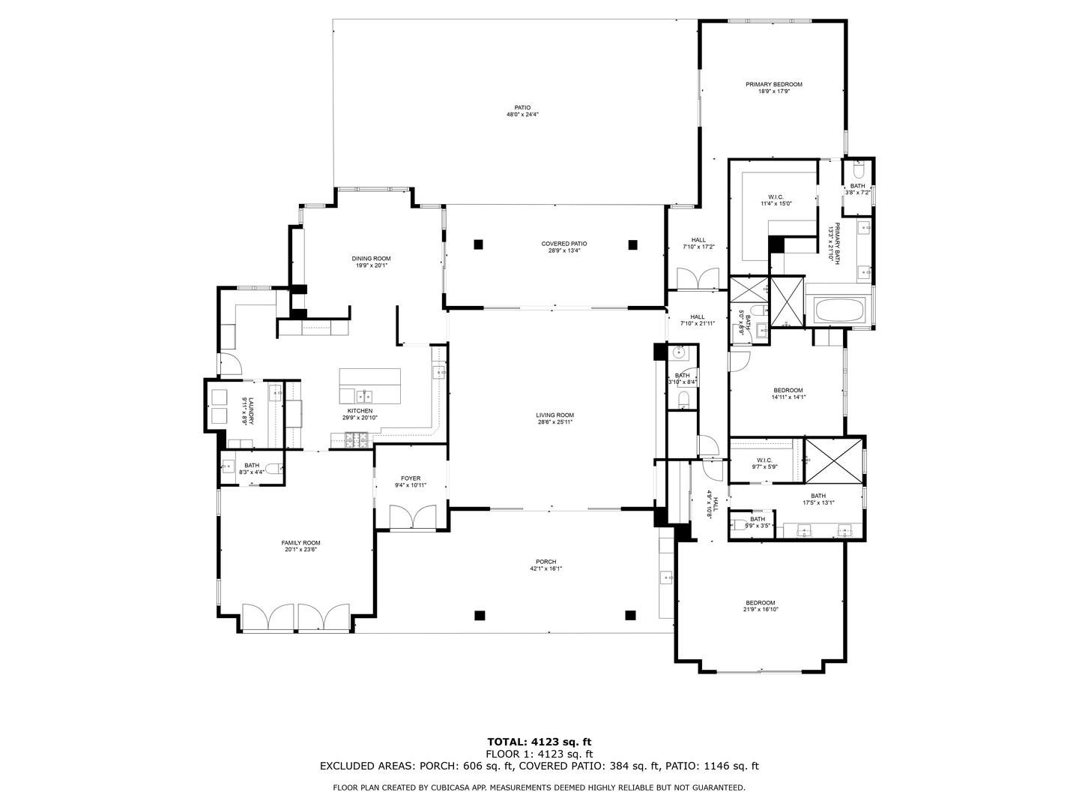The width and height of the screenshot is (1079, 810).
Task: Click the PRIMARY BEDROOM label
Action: click(x=773, y=88)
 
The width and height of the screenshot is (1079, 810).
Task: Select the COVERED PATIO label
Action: click(x=564, y=247)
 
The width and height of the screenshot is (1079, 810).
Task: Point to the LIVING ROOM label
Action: click(x=554, y=418)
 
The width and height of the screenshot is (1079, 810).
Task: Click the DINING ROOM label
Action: click(x=371, y=262)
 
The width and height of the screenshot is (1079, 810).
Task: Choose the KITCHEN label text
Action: click(x=360, y=414)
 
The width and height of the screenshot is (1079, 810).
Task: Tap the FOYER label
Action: click(x=411, y=481)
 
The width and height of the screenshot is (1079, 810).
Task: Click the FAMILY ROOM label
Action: click(x=300, y=546)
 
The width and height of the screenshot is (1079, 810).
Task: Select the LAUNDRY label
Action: click(x=248, y=411)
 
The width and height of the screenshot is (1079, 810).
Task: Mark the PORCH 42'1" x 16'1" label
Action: click(x=545, y=565)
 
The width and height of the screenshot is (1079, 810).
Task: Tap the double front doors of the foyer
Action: click(x=413, y=517)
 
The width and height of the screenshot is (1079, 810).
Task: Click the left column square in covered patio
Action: click(x=478, y=244)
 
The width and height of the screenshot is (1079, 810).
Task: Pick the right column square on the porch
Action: click(x=630, y=615)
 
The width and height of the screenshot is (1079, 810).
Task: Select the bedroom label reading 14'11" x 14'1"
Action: click(x=788, y=394)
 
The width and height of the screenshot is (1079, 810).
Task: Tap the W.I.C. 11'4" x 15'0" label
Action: click(x=776, y=199)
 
